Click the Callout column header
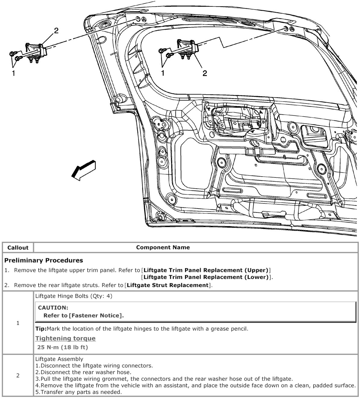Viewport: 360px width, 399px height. tap(18, 247)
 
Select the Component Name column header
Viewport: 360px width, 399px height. tap(163, 247)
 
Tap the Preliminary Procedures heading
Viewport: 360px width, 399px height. tap(43, 260)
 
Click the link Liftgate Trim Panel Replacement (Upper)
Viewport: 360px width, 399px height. tap(206, 270)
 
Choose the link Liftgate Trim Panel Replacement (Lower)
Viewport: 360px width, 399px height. tap(206, 277)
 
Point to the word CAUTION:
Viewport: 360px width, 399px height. tap(53, 308)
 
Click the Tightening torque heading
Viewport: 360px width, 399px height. tap(65, 338)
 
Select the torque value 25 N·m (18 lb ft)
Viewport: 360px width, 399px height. tap(62, 347)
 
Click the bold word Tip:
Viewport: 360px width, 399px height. tap(41, 329)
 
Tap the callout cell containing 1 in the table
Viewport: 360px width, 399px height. tap(18, 323)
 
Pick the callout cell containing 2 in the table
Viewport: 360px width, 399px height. tap(18, 375)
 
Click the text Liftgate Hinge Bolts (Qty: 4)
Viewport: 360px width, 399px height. tap(74, 296)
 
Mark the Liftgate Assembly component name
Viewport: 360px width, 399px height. tap(59, 359)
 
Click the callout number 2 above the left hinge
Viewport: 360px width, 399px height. tap(56, 30)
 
